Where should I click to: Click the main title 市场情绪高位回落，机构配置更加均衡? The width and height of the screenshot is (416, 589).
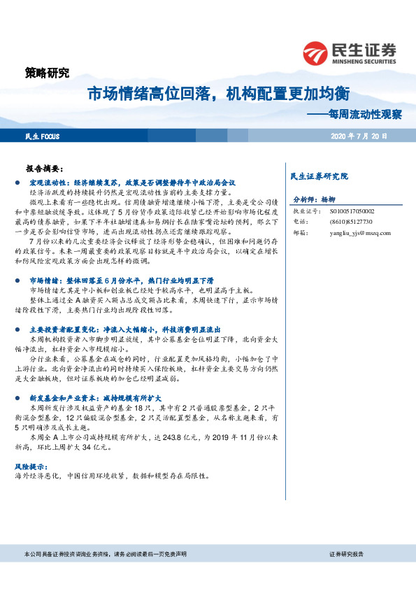tap(218, 94)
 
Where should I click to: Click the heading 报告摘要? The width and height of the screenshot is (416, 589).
tap(45, 169)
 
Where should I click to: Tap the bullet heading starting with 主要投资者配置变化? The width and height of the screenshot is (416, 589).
tap(125, 328)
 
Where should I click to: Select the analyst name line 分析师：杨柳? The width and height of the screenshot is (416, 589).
tap(315, 199)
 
